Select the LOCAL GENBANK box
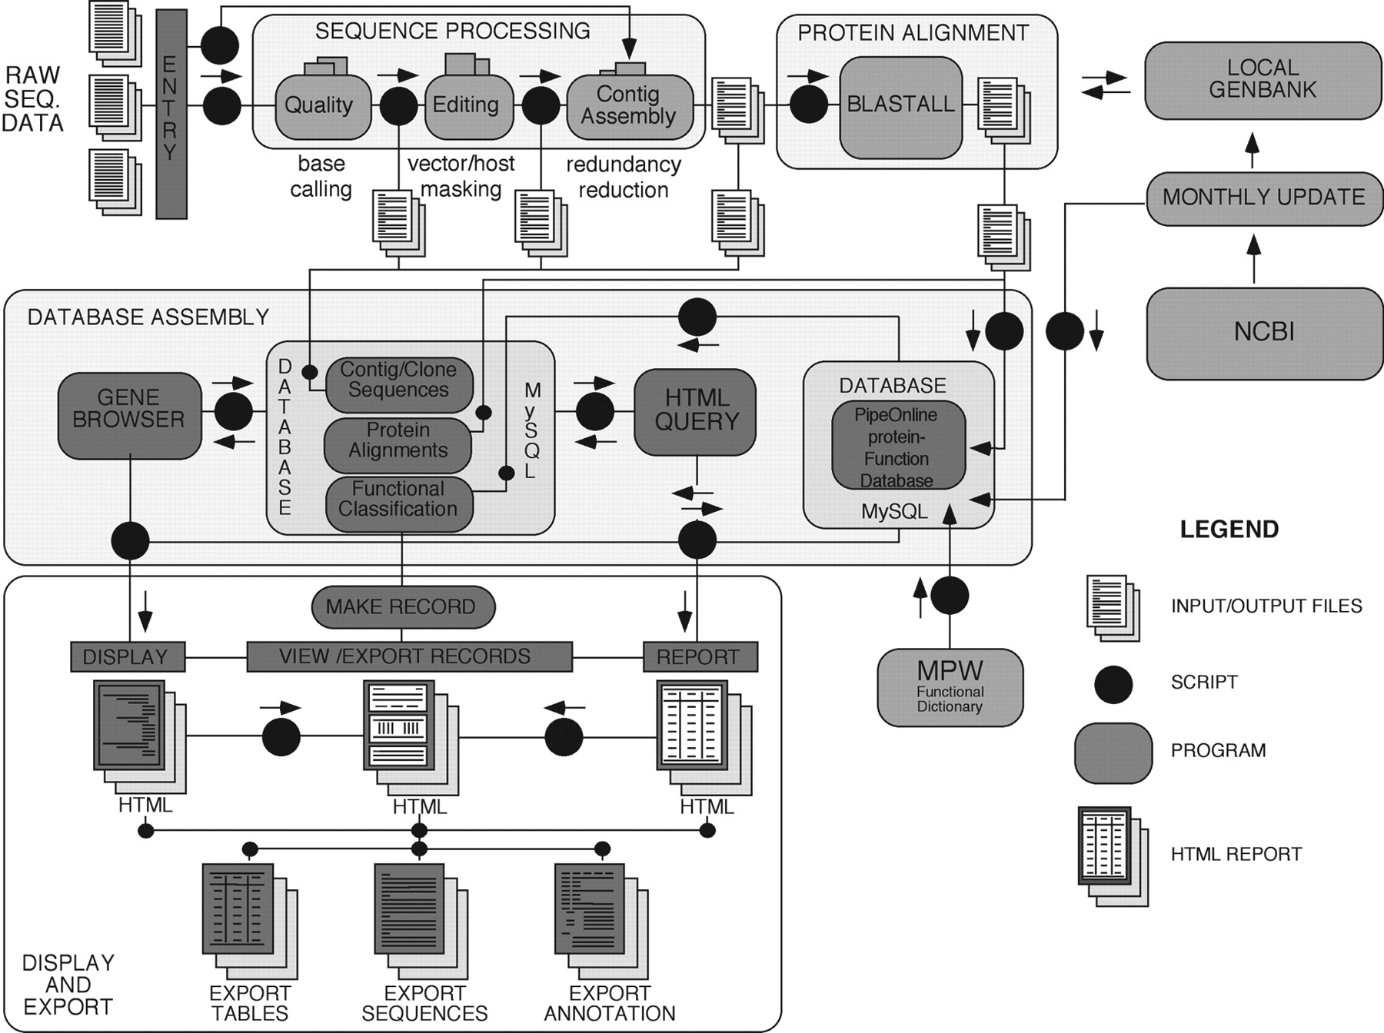pyautogui.click(x=1263, y=80)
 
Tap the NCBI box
pyautogui.click(x=1263, y=333)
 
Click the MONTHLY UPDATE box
pyautogui.click(x=1263, y=198)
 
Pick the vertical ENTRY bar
pyautogui.click(x=171, y=114)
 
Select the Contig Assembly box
pyautogui.click(x=629, y=106)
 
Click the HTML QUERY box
pyautogui.click(x=696, y=412)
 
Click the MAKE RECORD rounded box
pyautogui.click(x=402, y=607)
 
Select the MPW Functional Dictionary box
pyautogui.click(x=950, y=687)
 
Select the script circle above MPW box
pyautogui.click(x=950, y=596)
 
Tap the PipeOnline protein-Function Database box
pyautogui.click(x=897, y=446)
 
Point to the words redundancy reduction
pyautogui.click(x=624, y=178)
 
